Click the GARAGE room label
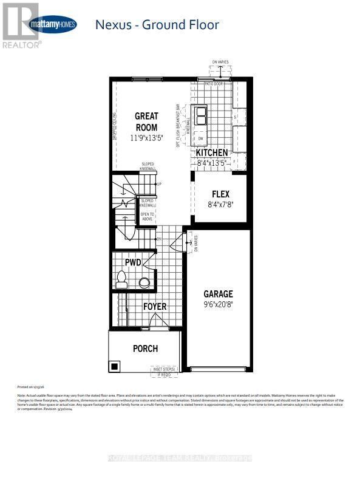click(218, 293)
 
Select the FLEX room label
click(220, 194)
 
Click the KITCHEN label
click(211, 152)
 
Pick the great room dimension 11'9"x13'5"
click(146, 138)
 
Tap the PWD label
click(133, 263)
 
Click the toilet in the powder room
click(122, 280)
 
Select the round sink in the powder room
click(144, 282)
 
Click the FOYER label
click(154, 307)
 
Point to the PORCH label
click(145, 349)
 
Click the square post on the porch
click(114, 366)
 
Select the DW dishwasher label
click(200, 138)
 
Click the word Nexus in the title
click(114, 25)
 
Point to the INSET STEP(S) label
click(163, 369)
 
